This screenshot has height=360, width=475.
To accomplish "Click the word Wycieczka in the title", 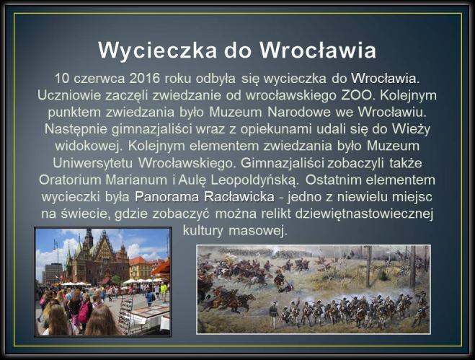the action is point(158,51).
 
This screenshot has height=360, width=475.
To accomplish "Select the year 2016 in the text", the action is point(145,79).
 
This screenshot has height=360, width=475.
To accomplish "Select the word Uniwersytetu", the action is point(93,163).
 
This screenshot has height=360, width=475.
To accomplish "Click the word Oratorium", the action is point(71,180).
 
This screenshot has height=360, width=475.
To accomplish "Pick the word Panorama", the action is point(167,197).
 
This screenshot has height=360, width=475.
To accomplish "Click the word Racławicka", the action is point(239,197).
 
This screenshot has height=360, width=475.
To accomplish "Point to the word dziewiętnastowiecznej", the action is point(365,214).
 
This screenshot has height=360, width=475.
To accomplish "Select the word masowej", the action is point(258,231).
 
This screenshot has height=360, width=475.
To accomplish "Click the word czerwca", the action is point(99,79).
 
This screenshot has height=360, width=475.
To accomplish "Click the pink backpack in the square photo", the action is point(84,312).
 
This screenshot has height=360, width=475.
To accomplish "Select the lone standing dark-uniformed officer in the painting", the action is point(274,315).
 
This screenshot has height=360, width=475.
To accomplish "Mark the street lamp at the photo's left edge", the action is point(56,252).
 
